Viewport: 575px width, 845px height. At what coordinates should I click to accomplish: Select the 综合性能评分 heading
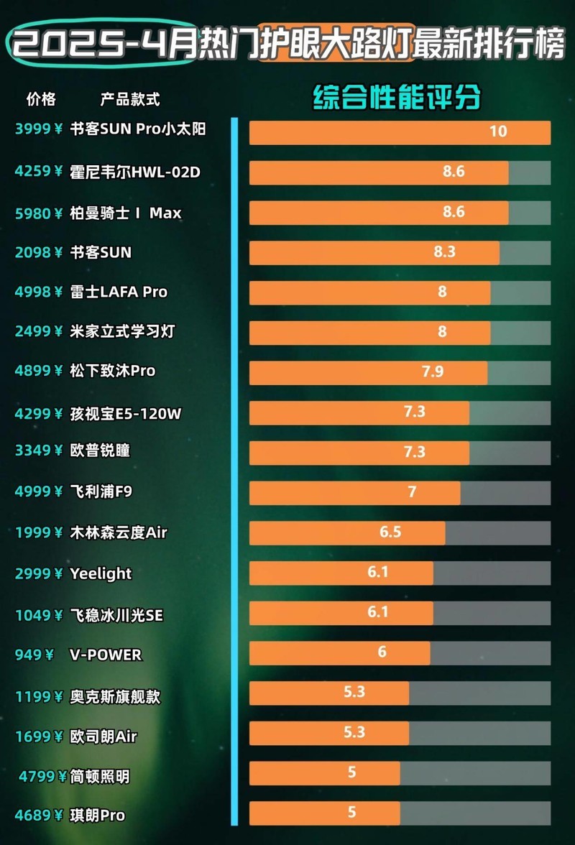(x=397, y=98)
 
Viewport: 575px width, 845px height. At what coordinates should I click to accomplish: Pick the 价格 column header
(x=41, y=98)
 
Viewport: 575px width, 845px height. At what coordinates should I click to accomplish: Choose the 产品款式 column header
(x=130, y=98)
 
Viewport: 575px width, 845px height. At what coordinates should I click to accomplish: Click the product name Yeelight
(x=101, y=573)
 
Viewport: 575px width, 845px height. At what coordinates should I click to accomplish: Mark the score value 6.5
(x=390, y=533)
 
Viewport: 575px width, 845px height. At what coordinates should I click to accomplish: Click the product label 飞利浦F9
(x=101, y=491)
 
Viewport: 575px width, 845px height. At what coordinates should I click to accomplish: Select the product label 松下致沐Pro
(x=113, y=371)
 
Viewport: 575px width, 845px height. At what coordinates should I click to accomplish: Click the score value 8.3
(x=445, y=253)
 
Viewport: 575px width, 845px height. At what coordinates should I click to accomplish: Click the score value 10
(x=498, y=131)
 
